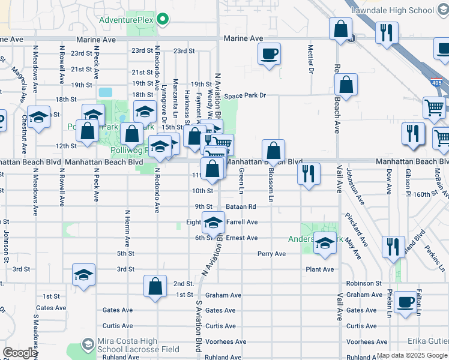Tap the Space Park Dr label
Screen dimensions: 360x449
coord(245,96)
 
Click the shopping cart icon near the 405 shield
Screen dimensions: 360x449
coord(433,108)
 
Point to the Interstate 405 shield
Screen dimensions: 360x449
coord(436,85)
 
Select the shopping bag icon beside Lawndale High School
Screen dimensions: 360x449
coord(340,29)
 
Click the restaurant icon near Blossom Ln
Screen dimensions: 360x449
coord(309,174)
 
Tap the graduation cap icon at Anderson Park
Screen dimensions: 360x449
coord(325,244)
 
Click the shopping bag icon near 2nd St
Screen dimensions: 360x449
coord(155,286)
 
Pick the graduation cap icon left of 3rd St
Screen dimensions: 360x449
coord(83,274)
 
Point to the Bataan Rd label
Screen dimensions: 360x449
coord(242,206)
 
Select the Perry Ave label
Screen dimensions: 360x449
coord(271,254)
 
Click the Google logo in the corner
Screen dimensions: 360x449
coord(19,353)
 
